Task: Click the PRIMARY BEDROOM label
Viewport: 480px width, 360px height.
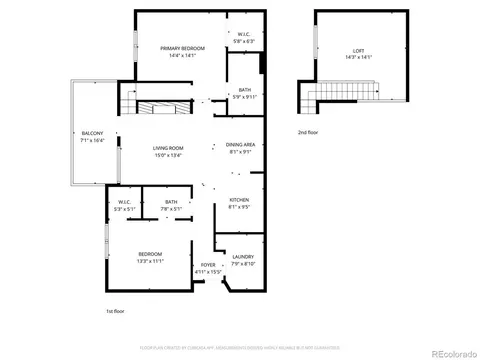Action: pos(183,49)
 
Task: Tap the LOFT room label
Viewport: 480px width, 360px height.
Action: pos(357,50)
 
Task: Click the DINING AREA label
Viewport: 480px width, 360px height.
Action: pos(240,145)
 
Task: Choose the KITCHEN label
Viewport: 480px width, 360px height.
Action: pos(239,201)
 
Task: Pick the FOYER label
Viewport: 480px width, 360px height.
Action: pos(208,265)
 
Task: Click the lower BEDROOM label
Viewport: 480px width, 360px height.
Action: pos(150,254)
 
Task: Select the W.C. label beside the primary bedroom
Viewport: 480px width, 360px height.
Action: pos(244,34)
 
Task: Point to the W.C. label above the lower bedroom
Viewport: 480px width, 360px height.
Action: pos(125,203)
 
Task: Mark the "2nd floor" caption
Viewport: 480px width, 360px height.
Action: pos(308,131)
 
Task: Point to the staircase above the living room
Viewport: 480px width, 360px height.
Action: pos(160,107)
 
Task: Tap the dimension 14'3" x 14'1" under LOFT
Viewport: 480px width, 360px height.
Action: pos(357,57)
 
